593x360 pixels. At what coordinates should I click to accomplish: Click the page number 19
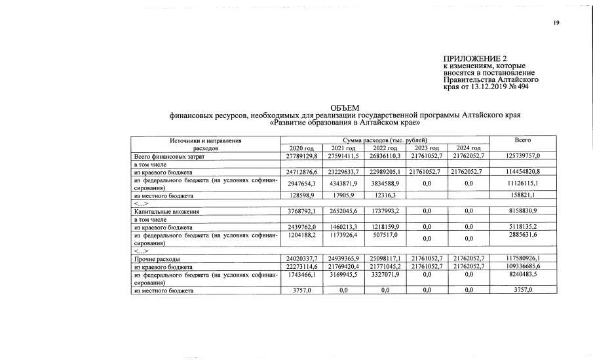(556, 23)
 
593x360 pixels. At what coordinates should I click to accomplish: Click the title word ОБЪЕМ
(345, 108)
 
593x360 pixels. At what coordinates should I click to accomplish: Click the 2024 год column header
(469, 149)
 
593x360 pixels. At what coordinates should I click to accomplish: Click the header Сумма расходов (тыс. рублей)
(385, 140)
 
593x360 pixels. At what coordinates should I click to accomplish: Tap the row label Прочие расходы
(155, 259)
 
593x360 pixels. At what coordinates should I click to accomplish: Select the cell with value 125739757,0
(522, 157)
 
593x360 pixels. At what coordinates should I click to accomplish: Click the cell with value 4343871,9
(343, 184)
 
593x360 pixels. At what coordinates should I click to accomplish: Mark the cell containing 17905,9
(343, 196)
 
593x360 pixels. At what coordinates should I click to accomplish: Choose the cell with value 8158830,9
(522, 212)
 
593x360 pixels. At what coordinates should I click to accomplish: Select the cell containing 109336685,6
(522, 267)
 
